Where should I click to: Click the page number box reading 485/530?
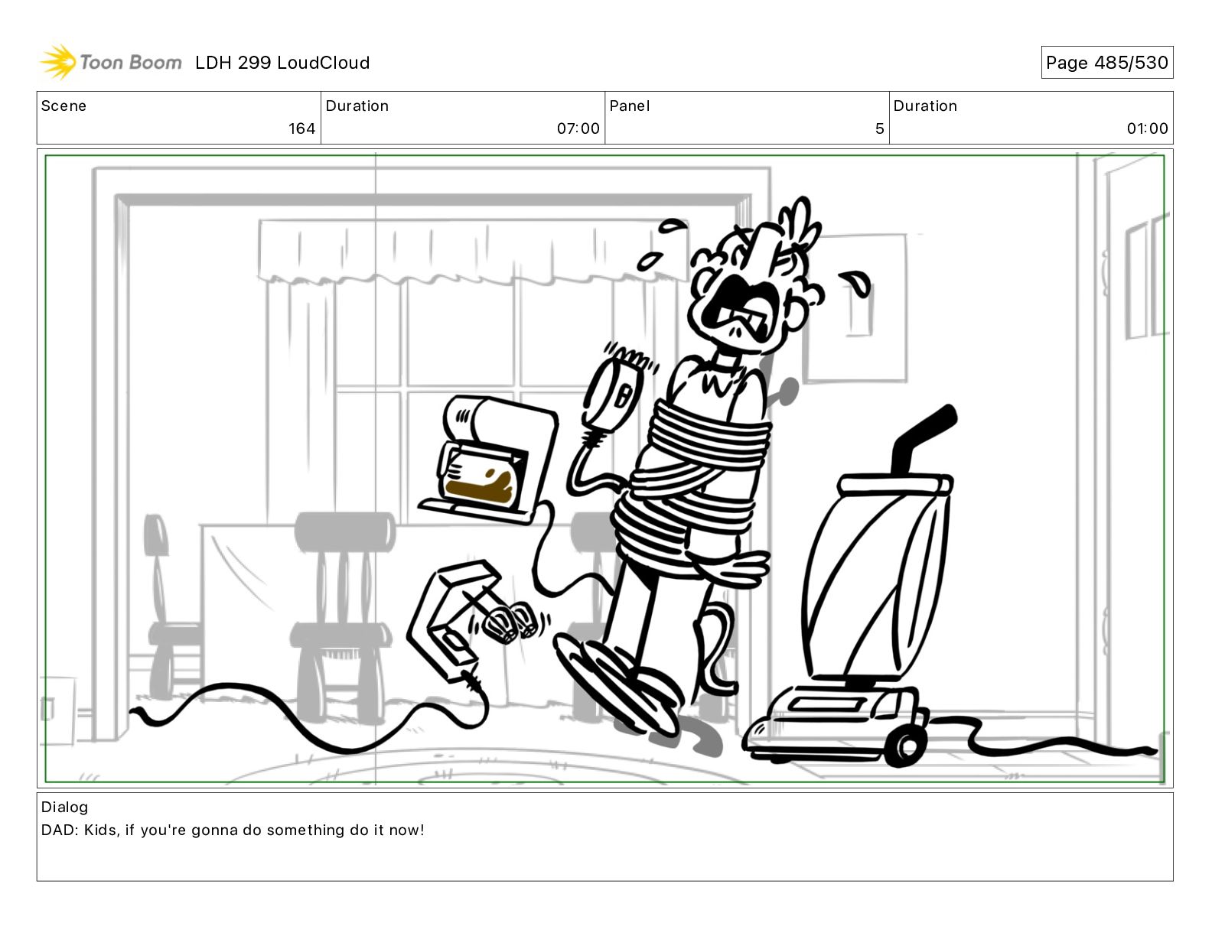click(x=1106, y=63)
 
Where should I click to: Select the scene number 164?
click(x=301, y=128)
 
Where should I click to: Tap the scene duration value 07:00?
click(x=578, y=128)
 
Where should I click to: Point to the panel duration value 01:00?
click(x=1147, y=128)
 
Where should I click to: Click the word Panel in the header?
click(x=629, y=106)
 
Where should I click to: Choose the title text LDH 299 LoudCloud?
click(x=282, y=63)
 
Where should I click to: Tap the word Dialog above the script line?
click(x=64, y=808)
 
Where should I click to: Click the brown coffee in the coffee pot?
click(x=481, y=488)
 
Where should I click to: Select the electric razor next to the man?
click(x=612, y=397)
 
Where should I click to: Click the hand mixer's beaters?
click(x=510, y=622)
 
